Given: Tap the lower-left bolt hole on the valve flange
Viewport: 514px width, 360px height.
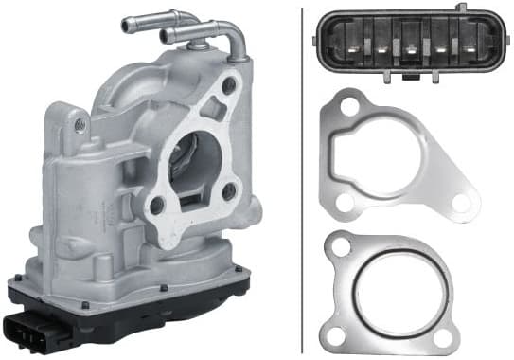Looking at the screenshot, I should coord(156,203).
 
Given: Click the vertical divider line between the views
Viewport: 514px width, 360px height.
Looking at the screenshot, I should coord(302,180).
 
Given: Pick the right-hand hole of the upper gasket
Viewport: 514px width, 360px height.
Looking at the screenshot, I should coord(461,202).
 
